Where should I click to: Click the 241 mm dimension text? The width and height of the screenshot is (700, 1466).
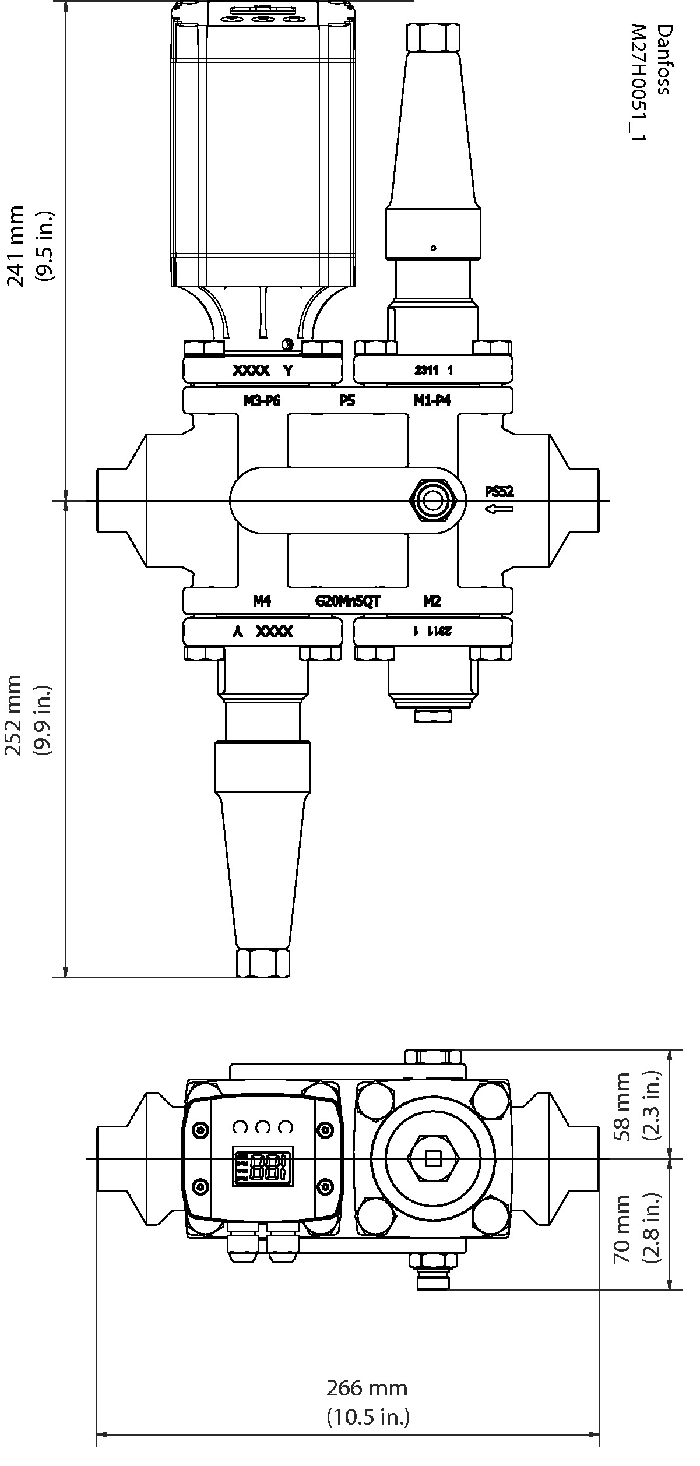[16, 245]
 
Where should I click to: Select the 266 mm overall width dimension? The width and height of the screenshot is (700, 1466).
[367, 1389]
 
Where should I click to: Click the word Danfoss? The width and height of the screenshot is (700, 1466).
[663, 59]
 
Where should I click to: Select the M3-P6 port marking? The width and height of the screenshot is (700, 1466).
[262, 401]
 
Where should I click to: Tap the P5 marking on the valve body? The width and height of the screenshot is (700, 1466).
[347, 401]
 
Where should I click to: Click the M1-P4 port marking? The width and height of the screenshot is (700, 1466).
[432, 401]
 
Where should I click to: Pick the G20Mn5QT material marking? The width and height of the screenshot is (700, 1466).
[348, 601]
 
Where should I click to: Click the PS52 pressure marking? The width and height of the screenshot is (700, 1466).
[500, 491]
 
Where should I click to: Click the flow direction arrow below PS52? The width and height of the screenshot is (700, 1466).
[499, 510]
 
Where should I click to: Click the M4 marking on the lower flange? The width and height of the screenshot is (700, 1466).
[262, 601]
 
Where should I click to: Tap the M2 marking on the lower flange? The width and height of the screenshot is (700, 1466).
[432, 601]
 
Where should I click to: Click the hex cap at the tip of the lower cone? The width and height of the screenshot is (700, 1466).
[263, 963]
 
